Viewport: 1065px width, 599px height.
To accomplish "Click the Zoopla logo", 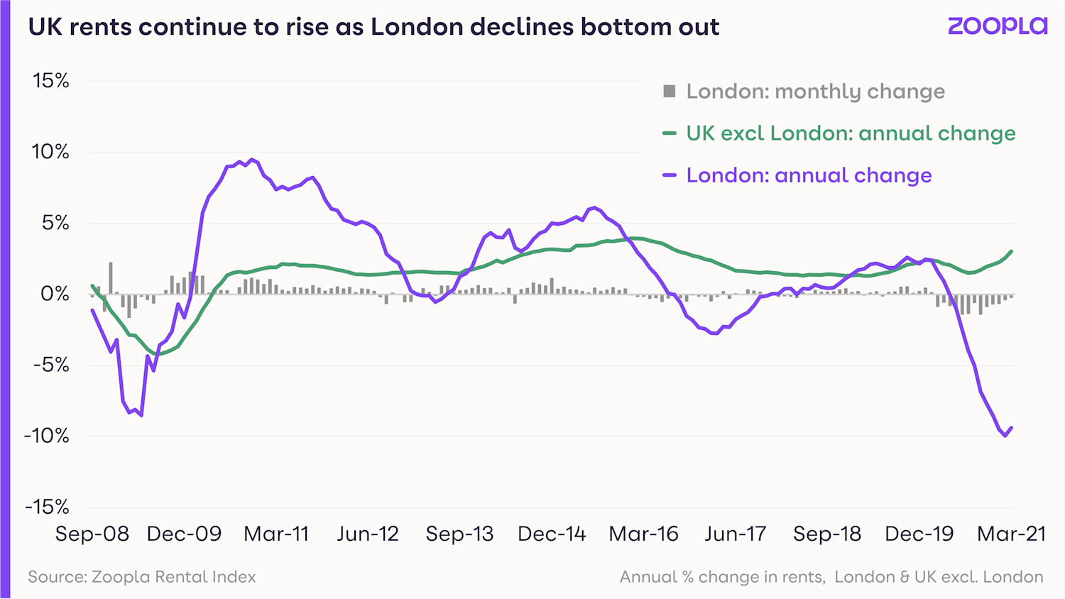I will pos(998,26).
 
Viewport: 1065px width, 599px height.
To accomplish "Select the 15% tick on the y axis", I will pos(51,81).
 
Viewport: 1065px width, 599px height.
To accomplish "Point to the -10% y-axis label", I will pos(47,436).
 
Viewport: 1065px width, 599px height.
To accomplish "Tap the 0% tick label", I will pos(55,294).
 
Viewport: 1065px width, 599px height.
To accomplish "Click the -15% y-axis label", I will pos(47,507).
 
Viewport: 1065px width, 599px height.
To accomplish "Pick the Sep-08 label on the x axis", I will pos(92,534).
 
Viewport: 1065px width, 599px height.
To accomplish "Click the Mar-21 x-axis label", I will pos(1011,534).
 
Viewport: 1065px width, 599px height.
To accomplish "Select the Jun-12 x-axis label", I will pos(368,534).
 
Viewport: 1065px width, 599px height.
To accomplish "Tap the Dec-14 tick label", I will pos(552,534).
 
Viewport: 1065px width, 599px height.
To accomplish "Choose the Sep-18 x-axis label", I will pos(827,534).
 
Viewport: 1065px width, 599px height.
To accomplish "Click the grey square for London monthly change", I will pos(669,91).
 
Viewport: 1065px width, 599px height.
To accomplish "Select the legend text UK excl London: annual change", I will pos(851,133).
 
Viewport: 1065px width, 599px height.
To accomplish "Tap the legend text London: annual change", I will pos(809,175).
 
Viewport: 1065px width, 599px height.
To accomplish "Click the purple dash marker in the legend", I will pos(669,175).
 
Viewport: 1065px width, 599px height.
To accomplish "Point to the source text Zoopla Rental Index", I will pos(142,577).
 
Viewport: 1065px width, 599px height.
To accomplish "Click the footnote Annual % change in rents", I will pos(722,577).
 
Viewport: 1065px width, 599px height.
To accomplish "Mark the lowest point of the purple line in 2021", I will pos(1005,436).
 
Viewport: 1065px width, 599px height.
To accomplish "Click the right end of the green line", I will pos(1011,251).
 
